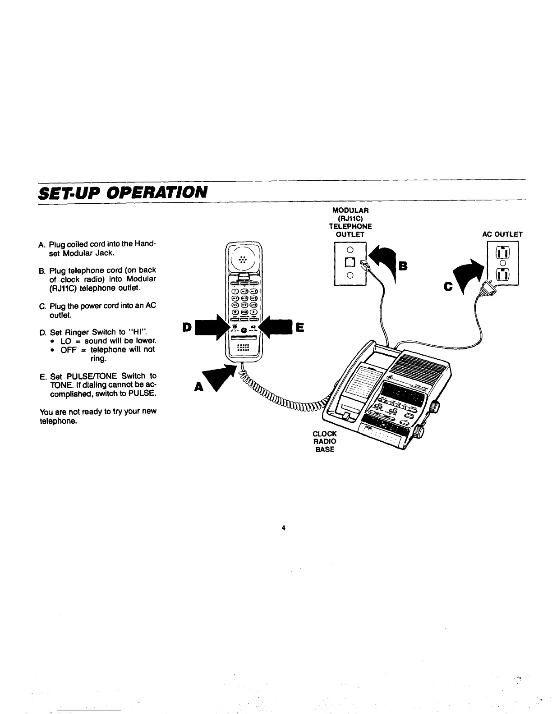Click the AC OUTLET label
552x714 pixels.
(x=501, y=234)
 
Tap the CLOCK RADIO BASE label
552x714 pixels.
(x=325, y=441)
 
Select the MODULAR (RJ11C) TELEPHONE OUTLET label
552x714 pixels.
(x=350, y=222)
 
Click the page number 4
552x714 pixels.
(x=284, y=528)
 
